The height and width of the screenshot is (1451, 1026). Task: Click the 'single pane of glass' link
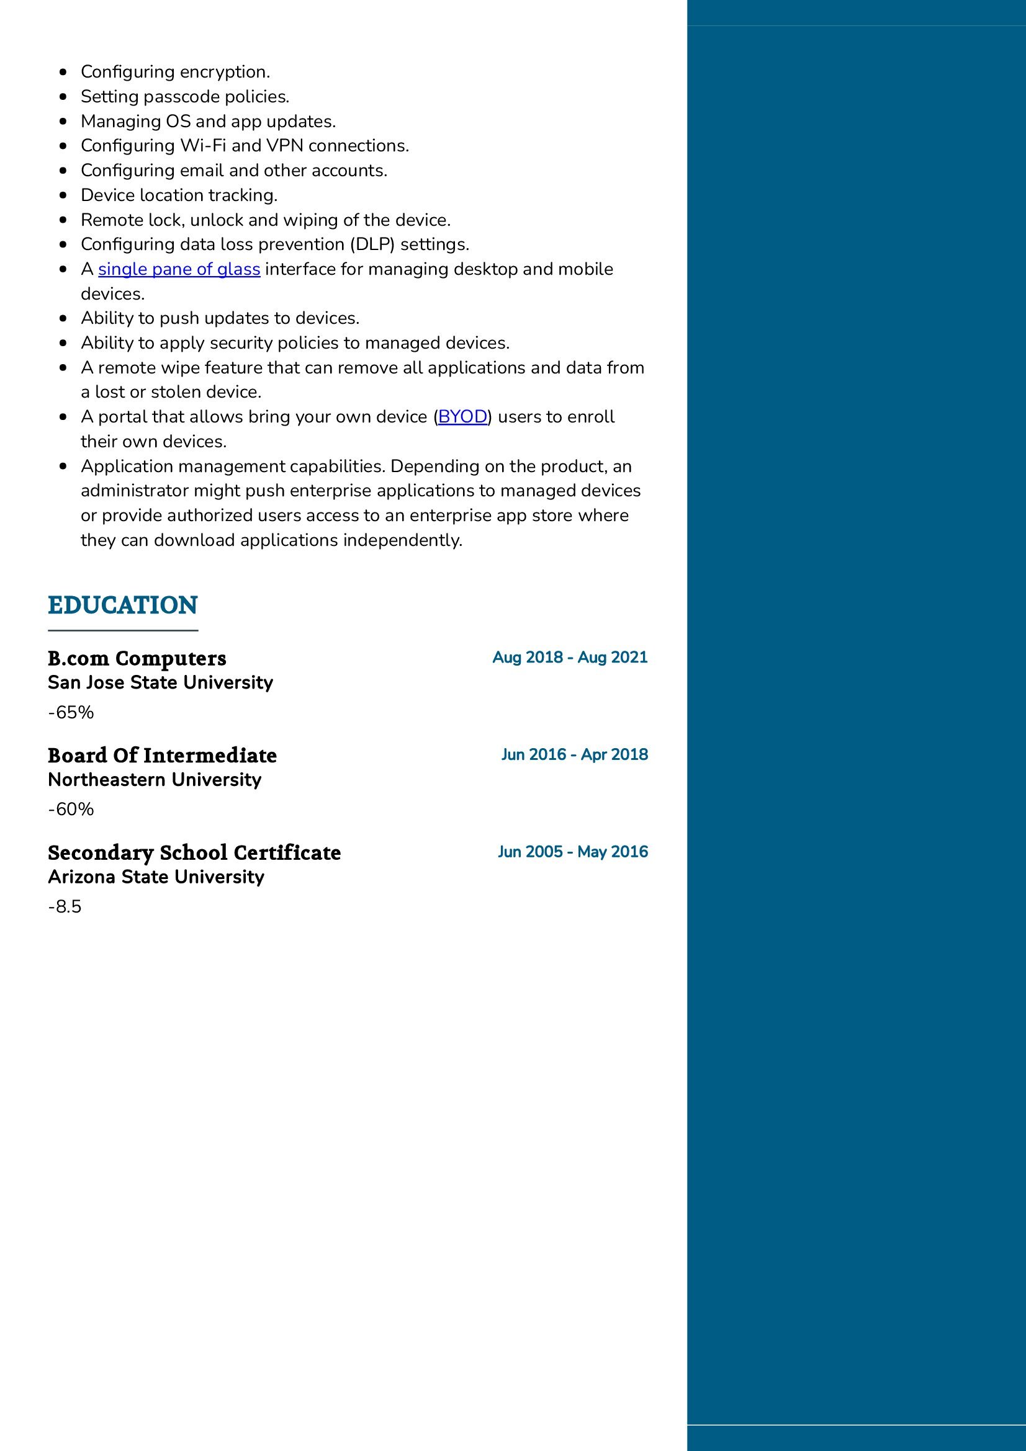[x=179, y=269]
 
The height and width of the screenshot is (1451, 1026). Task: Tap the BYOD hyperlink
[x=462, y=417]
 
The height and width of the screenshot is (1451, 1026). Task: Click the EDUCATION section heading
[x=123, y=605]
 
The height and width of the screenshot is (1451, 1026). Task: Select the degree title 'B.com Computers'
[x=137, y=659]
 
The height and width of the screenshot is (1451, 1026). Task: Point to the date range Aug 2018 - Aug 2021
[x=570, y=657]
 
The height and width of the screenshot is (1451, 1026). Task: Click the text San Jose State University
[x=160, y=682]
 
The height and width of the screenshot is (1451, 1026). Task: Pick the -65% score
[x=71, y=712]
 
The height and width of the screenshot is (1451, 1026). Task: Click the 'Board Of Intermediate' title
[x=162, y=756]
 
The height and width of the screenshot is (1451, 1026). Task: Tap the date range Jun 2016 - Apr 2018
[x=574, y=754]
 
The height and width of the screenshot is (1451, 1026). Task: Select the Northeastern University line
[x=155, y=780]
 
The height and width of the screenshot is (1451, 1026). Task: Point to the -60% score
[x=71, y=810]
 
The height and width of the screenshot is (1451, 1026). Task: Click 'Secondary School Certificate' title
[x=194, y=853]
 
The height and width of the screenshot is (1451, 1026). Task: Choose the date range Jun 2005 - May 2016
[x=572, y=852]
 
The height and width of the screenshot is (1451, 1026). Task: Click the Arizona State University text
[x=156, y=877]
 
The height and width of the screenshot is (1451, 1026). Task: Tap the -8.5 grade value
[x=65, y=907]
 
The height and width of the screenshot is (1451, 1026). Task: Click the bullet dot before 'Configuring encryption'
[x=63, y=73]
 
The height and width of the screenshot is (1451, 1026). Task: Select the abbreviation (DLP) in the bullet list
[x=372, y=244]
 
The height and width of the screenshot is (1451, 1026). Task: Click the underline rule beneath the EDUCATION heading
[x=123, y=630]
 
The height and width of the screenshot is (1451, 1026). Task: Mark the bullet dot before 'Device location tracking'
[x=63, y=196]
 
